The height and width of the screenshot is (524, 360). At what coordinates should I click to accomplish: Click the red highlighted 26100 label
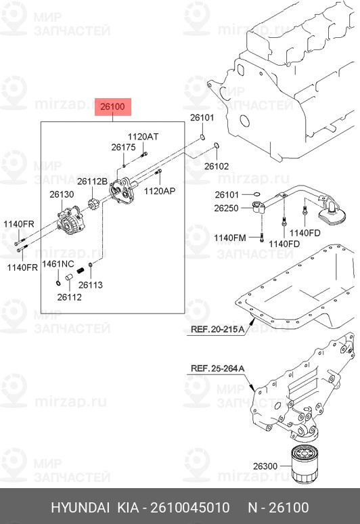[112, 106]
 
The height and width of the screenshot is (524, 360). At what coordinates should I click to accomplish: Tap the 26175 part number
[123, 148]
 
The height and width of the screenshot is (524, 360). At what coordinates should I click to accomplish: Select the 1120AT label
[143, 137]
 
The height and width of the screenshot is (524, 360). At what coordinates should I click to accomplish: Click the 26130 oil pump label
[62, 194]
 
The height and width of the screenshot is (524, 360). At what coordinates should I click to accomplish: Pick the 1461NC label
[58, 264]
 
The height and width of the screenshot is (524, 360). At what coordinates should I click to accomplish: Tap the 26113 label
[91, 285]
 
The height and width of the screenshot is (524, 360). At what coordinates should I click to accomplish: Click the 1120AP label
[160, 191]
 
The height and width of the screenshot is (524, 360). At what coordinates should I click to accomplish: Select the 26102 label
[217, 166]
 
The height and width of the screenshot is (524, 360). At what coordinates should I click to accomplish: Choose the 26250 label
[226, 209]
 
